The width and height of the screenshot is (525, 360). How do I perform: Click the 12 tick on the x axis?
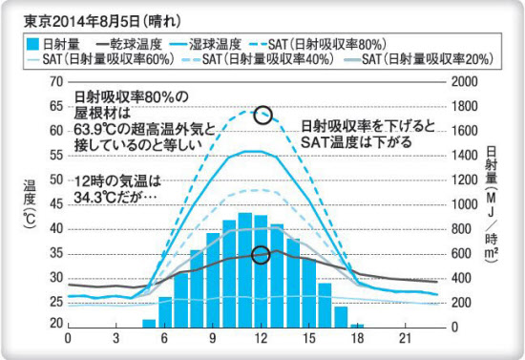point(260,339)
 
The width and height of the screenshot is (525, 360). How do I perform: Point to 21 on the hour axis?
point(404,339)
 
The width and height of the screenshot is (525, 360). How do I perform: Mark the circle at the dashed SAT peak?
point(264,116)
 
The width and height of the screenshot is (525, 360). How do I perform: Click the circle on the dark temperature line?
point(261,255)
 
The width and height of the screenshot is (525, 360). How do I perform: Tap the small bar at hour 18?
point(357,325)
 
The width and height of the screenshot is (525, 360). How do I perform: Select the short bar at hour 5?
point(149,323)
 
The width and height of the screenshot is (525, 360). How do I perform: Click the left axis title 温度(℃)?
point(30,205)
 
